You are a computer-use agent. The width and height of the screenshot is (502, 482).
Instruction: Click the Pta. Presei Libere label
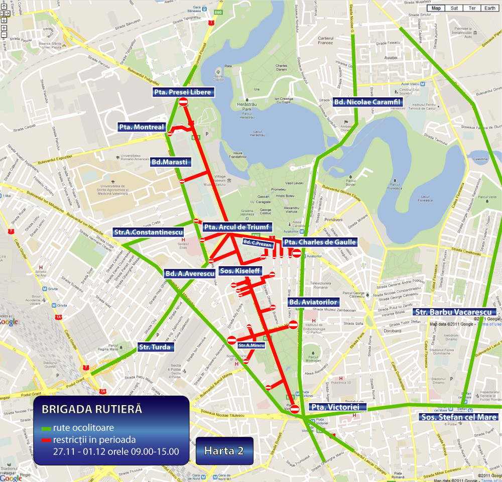coord(183,92)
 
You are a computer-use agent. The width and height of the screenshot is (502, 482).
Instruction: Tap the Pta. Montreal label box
coord(141,127)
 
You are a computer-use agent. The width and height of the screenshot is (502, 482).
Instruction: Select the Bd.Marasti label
coord(170,162)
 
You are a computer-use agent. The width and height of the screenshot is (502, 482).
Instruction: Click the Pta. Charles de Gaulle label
coord(319,242)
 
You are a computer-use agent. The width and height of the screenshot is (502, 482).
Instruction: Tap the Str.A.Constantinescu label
coord(148,232)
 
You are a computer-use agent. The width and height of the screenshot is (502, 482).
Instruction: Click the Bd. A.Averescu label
coord(189,273)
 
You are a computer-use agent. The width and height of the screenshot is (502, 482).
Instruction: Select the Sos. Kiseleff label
coord(240,271)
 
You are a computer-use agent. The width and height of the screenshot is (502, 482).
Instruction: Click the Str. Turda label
coord(155,346)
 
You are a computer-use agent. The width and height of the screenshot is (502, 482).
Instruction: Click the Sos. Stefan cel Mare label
coord(459,417)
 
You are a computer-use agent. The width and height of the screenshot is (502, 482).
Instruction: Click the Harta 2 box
coord(224,450)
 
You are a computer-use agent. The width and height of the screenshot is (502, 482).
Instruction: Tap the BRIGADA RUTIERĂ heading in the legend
coord(92,409)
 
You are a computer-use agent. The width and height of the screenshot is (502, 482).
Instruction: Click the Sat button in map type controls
coord(454,8)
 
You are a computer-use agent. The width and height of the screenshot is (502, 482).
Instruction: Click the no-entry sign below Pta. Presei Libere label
coord(183,102)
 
